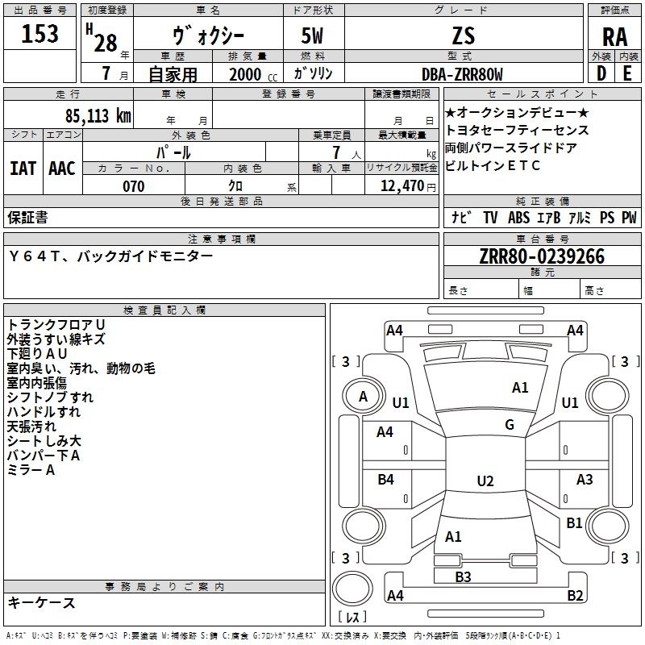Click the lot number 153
pos(40,33)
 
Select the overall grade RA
pos(615,37)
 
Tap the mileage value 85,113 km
pos(98,116)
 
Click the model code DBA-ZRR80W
pos(462,74)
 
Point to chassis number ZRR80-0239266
pos(542,256)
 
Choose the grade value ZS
pos(464,35)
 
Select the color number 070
pos(134,186)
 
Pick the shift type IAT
pos(23,169)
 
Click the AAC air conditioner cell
pos(62,169)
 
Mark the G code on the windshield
pos(510,424)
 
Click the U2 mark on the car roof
pos(485,481)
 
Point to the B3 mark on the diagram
pos(463,576)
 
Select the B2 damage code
pos(575,595)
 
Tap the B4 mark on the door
pos(386,479)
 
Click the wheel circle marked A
pos(364,397)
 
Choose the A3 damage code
pos(585,479)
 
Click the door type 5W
pos(312,35)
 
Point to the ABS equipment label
pos(518,218)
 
